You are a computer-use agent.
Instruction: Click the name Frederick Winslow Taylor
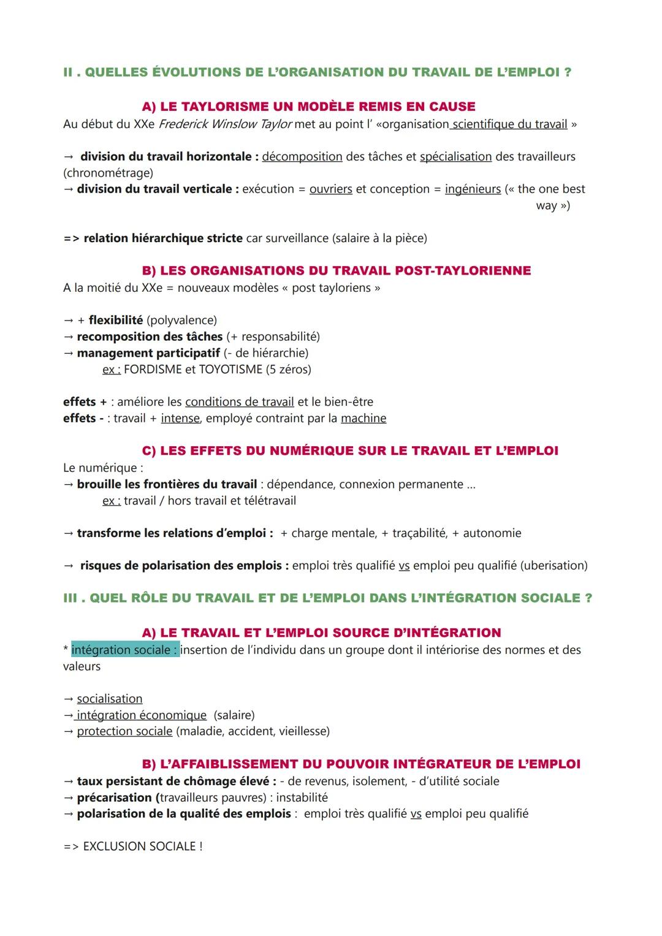coord(225,124)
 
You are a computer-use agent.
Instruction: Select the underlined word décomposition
coord(302,156)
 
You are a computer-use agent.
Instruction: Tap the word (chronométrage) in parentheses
coord(108,173)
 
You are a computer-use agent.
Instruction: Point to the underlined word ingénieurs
coord(473,189)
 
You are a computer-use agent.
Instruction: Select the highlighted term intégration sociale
coord(125,650)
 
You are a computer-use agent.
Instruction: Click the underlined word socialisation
coord(110,699)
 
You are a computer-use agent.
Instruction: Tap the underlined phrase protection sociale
coord(124,731)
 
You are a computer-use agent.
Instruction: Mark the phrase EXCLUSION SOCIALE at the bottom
coord(139,846)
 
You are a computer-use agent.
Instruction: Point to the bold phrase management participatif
coord(148,353)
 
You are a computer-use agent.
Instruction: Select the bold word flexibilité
coord(115,320)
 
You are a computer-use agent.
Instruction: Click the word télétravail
coord(270,500)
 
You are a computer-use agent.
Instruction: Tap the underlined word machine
coord(363,418)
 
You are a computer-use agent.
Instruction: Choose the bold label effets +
coord(85,402)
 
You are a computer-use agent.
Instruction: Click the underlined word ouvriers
coord(330,189)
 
